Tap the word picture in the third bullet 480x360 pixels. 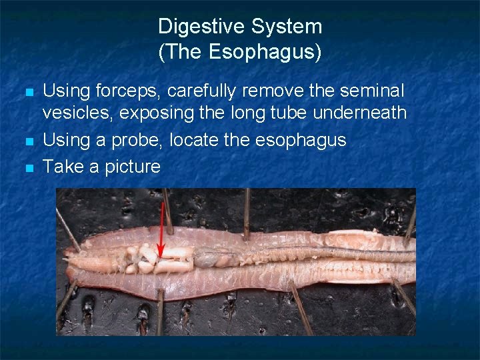click(131, 166)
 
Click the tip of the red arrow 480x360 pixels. click(160, 256)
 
